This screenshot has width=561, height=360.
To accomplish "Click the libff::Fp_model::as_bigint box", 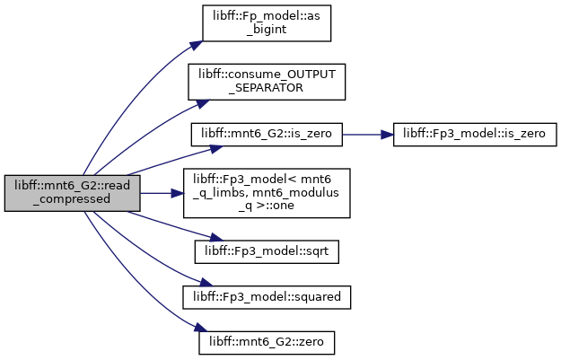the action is coord(267,23).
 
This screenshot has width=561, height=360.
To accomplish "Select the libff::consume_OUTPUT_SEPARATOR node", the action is coord(267,82).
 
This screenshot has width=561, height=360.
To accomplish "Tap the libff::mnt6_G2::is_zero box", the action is coord(267,135).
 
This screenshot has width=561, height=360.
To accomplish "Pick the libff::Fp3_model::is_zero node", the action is coord(475,135).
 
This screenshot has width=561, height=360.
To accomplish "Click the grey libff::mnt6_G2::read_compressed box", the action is coord(73,193).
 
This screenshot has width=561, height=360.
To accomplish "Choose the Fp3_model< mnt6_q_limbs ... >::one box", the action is coord(267,193).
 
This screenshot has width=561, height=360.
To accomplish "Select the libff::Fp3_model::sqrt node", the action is coord(267,252).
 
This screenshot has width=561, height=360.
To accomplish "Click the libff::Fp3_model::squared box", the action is coord(267,297).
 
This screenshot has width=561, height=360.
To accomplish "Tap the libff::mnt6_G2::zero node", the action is coord(267,343).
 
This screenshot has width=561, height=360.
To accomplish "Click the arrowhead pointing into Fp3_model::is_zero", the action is coord(387,135).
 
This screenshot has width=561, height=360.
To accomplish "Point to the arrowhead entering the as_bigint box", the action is coord(196,46).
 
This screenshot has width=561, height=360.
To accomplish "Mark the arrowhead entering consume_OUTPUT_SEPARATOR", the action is coord(203,104).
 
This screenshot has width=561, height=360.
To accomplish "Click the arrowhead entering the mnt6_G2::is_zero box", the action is coord(216,148).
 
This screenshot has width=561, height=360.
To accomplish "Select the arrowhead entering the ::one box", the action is coord(177,193).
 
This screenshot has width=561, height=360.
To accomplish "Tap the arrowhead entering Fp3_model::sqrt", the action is coord(216,238).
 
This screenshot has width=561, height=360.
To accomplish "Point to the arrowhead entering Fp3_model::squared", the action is coord(206,283).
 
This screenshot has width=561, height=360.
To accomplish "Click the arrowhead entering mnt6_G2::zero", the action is coord(201,329).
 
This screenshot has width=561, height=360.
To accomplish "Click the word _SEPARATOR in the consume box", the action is coord(267,88).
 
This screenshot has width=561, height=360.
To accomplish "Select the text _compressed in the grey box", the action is coord(72,199).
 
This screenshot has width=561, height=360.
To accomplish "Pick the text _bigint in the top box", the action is coord(267,30).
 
